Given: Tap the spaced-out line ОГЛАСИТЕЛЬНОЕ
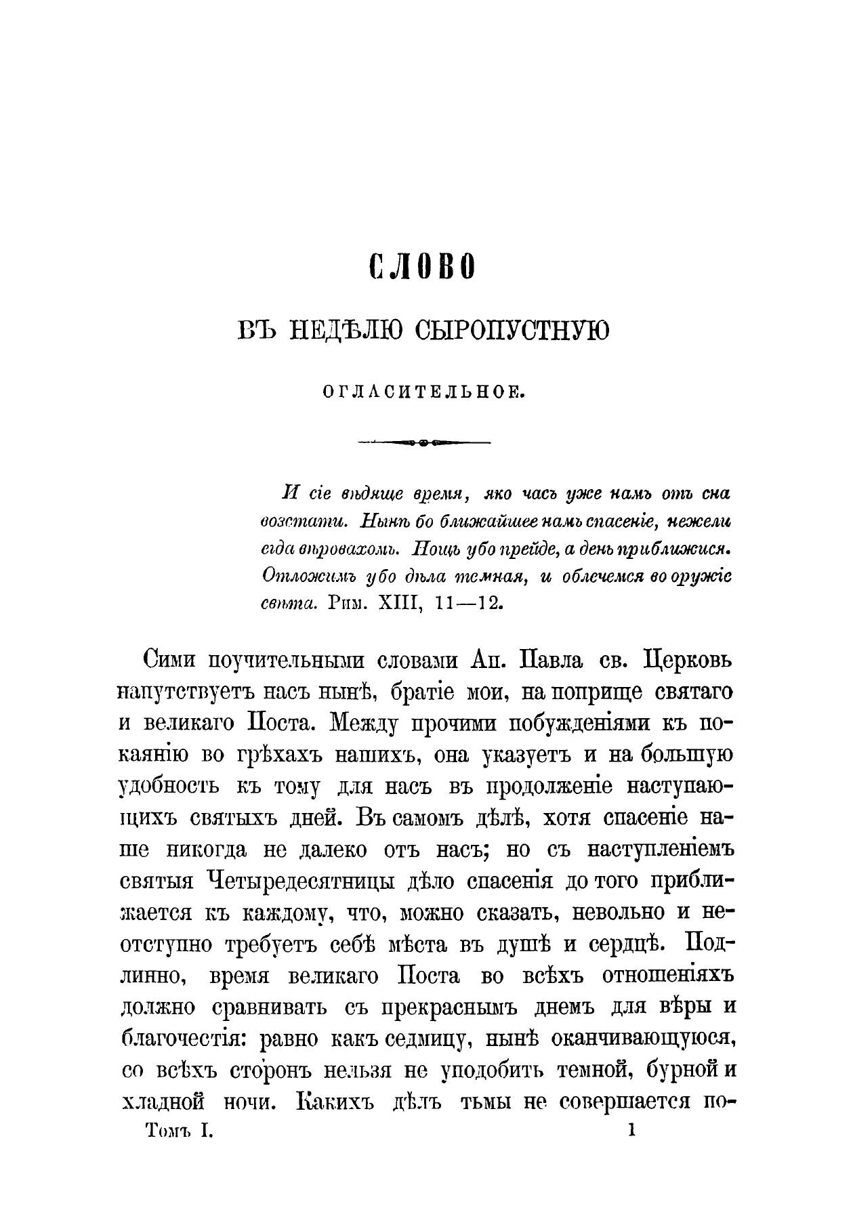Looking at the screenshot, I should [x=425, y=392].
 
